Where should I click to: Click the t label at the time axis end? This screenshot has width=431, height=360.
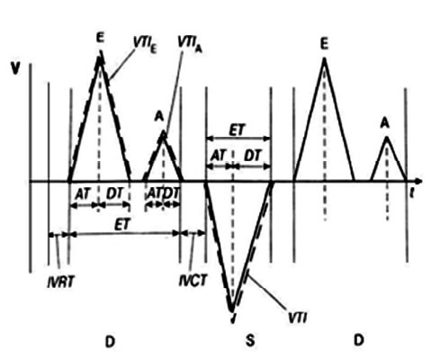coord(412,193)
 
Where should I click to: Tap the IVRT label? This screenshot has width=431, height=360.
coord(60,282)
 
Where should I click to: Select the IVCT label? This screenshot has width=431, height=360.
coord(193,281)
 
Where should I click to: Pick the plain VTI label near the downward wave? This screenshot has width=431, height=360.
coord(297,318)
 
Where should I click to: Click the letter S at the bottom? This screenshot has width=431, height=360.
coord(250,341)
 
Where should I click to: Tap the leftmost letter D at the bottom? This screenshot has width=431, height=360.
coord(110,341)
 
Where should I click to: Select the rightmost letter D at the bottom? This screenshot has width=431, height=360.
coord(359,340)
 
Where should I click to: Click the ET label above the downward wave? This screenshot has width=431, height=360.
coord(238,130)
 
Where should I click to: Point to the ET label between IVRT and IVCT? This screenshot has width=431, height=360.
coord(122,225)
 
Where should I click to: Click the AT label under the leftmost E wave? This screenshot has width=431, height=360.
coord(83,194)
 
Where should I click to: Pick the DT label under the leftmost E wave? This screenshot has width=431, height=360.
coord(115,194)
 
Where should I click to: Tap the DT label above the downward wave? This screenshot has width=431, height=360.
coord(253,156)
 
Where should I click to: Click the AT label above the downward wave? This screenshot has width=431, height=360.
coord(218,156)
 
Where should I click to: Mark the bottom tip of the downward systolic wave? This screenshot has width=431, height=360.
coord(231,311)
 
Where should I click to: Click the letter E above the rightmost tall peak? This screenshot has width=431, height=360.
coord(324,44)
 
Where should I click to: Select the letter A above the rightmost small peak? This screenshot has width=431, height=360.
coord(385,123)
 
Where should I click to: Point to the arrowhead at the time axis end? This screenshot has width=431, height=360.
coord(418,181)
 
